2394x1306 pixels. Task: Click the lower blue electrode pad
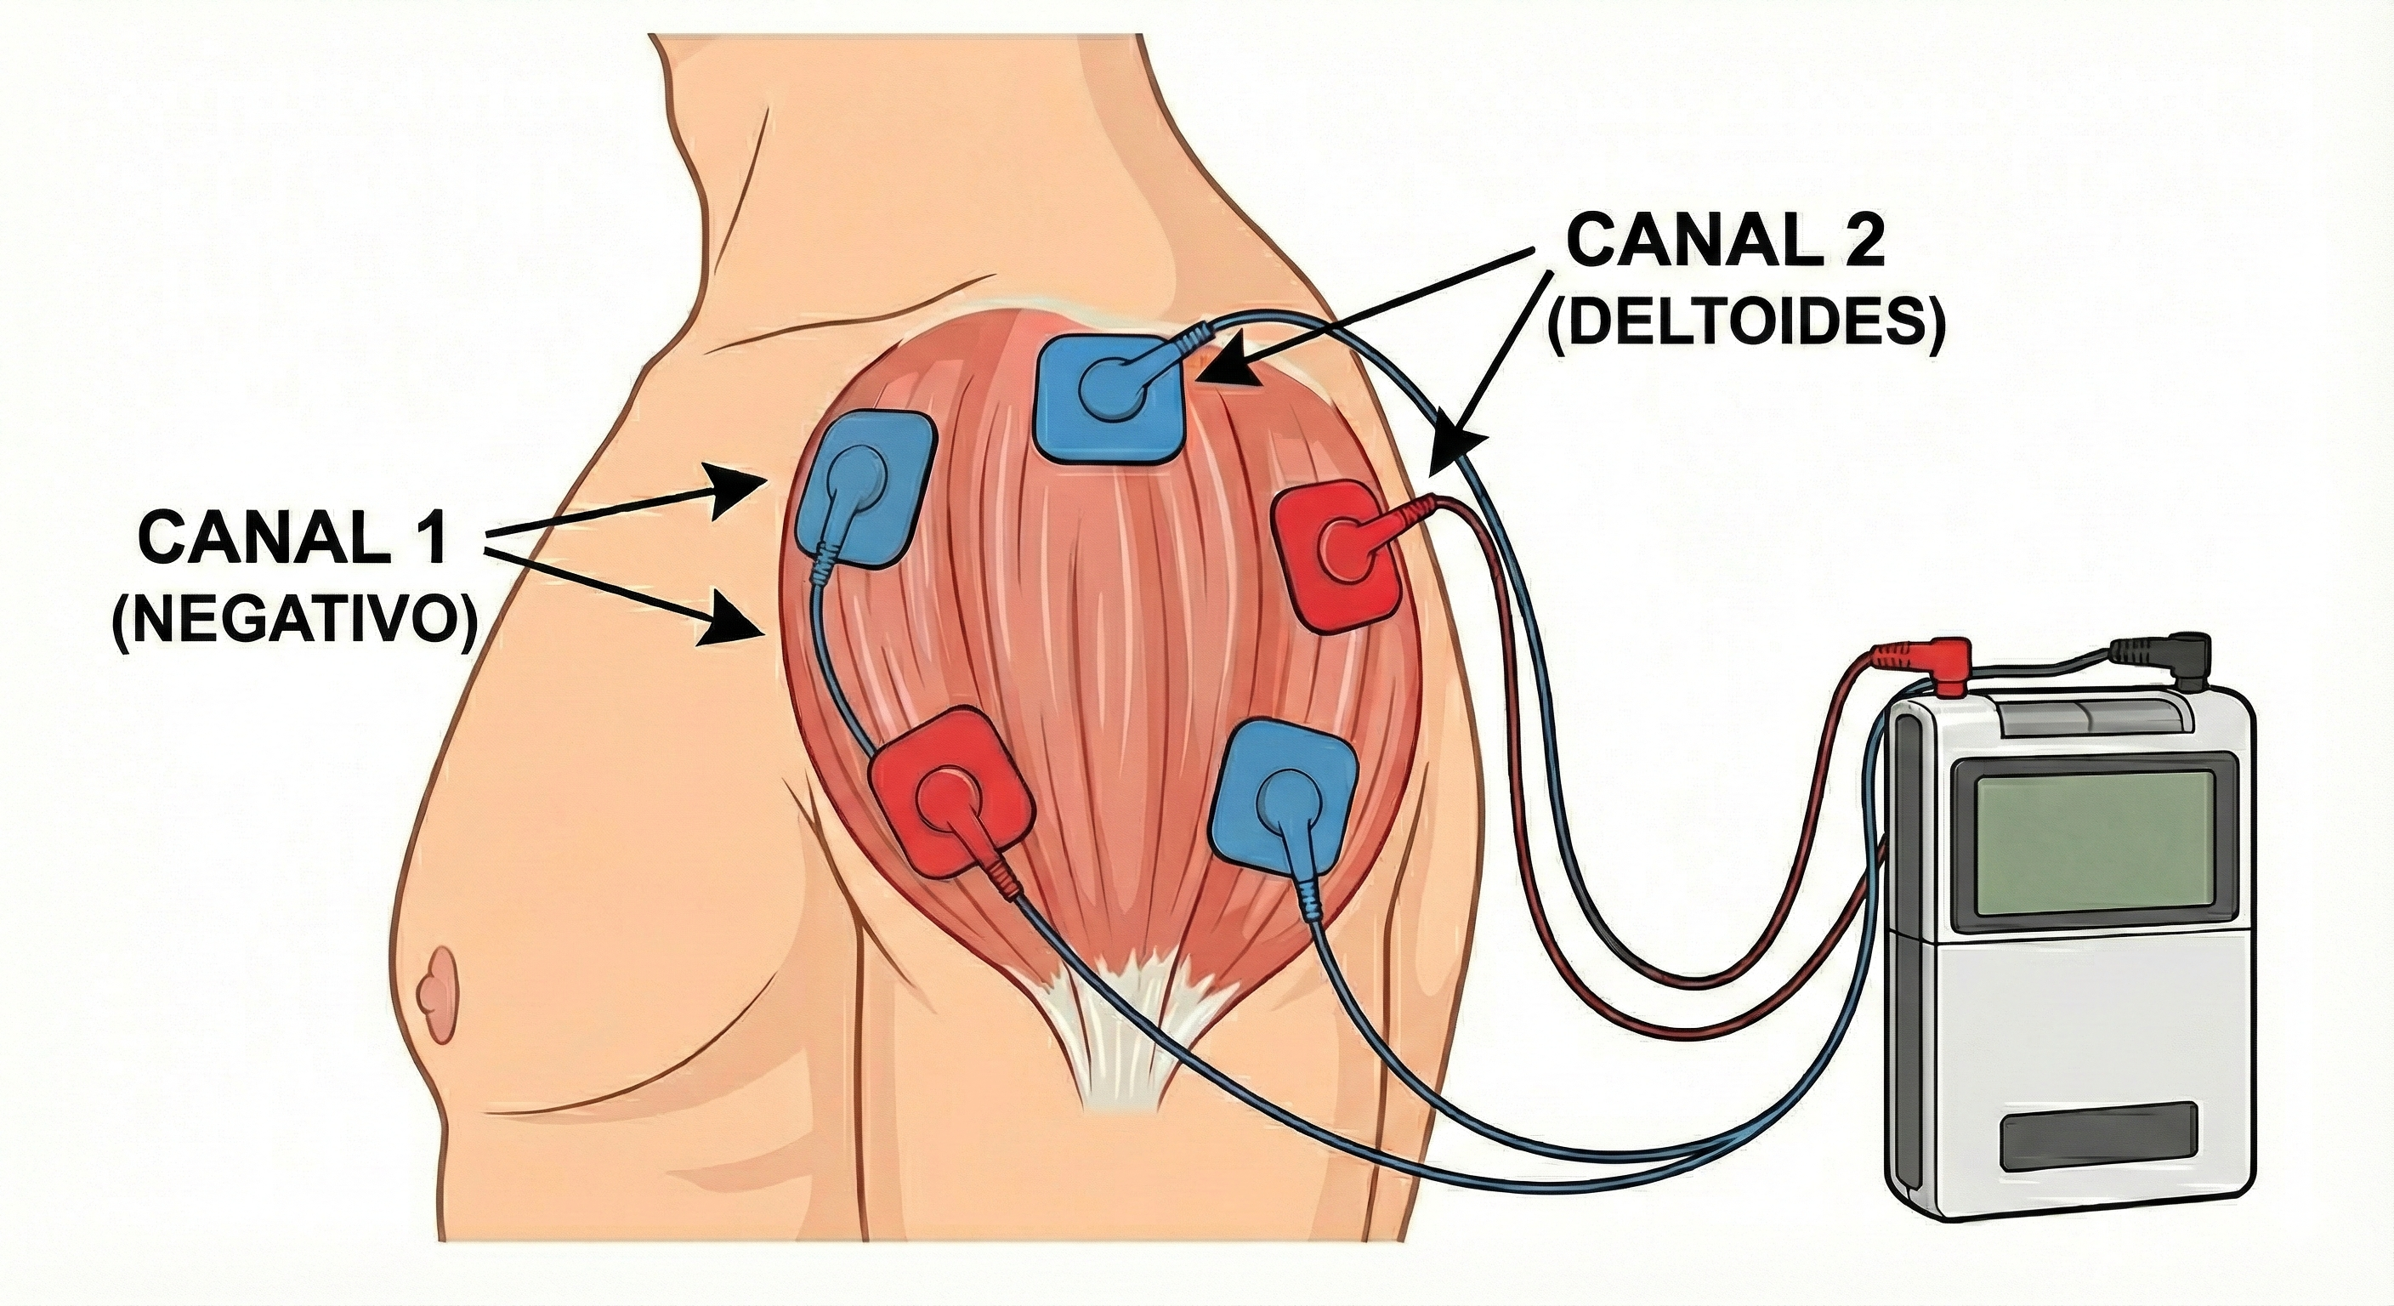coord(1284,789)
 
